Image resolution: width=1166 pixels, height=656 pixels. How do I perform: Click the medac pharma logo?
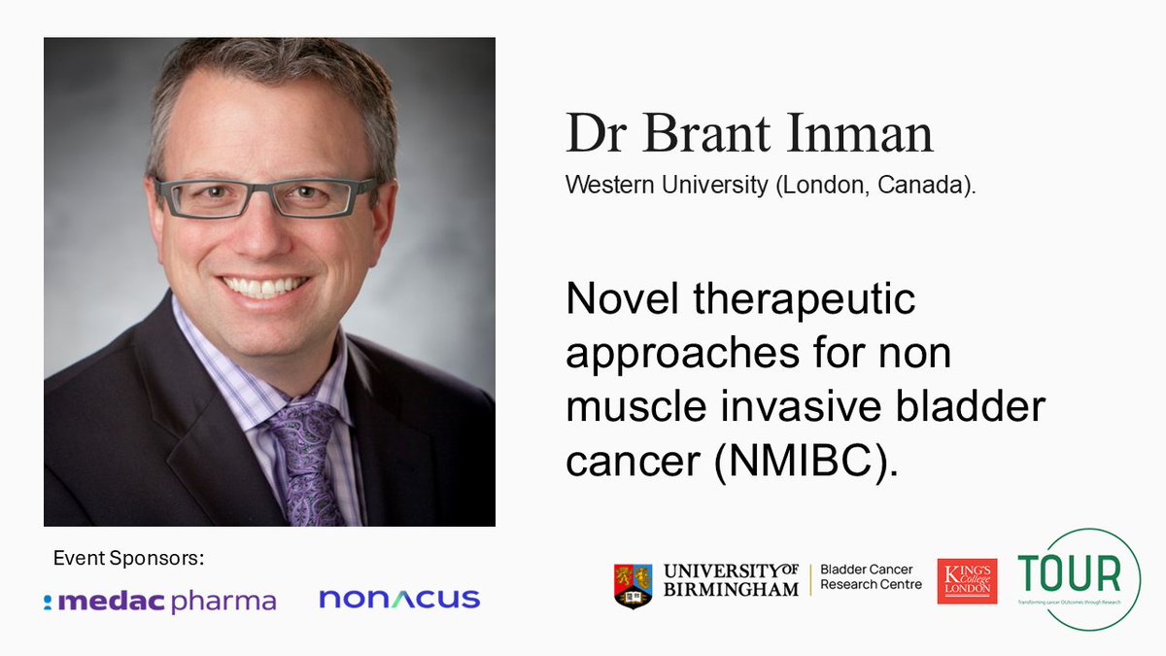coord(160,602)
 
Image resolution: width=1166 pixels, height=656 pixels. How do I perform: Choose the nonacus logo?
coord(399,600)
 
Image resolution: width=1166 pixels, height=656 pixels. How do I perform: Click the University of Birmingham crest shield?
coord(633,586)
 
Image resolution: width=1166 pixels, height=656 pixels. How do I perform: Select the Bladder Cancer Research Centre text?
coord(871,576)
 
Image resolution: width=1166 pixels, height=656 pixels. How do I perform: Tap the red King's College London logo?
coord(967,581)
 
